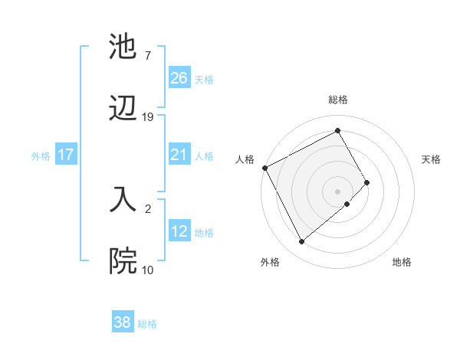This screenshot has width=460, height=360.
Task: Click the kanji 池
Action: click(x=123, y=47)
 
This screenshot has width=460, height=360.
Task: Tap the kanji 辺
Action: click(x=123, y=109)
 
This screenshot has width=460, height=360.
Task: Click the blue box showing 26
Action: click(x=179, y=77)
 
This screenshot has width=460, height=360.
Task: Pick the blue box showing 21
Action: click(x=179, y=155)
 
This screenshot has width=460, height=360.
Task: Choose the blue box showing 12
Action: click(x=179, y=231)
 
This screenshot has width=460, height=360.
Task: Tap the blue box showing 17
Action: click(x=66, y=155)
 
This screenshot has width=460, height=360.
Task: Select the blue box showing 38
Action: click(x=123, y=322)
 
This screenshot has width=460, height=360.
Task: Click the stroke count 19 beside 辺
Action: click(x=148, y=117)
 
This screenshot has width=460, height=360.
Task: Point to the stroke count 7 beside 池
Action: click(x=148, y=56)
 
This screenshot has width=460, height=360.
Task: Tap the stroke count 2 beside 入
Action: click(x=148, y=208)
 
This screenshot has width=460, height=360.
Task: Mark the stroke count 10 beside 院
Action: click(x=148, y=270)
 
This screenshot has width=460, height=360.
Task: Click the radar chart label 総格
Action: click(x=338, y=100)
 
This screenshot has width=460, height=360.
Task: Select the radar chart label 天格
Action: click(x=431, y=159)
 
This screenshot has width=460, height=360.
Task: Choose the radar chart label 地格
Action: click(x=402, y=262)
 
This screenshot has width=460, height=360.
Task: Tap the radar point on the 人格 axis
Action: click(x=264, y=168)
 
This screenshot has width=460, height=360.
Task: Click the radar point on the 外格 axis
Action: click(x=301, y=242)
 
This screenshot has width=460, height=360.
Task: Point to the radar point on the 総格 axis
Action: click(x=338, y=130)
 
